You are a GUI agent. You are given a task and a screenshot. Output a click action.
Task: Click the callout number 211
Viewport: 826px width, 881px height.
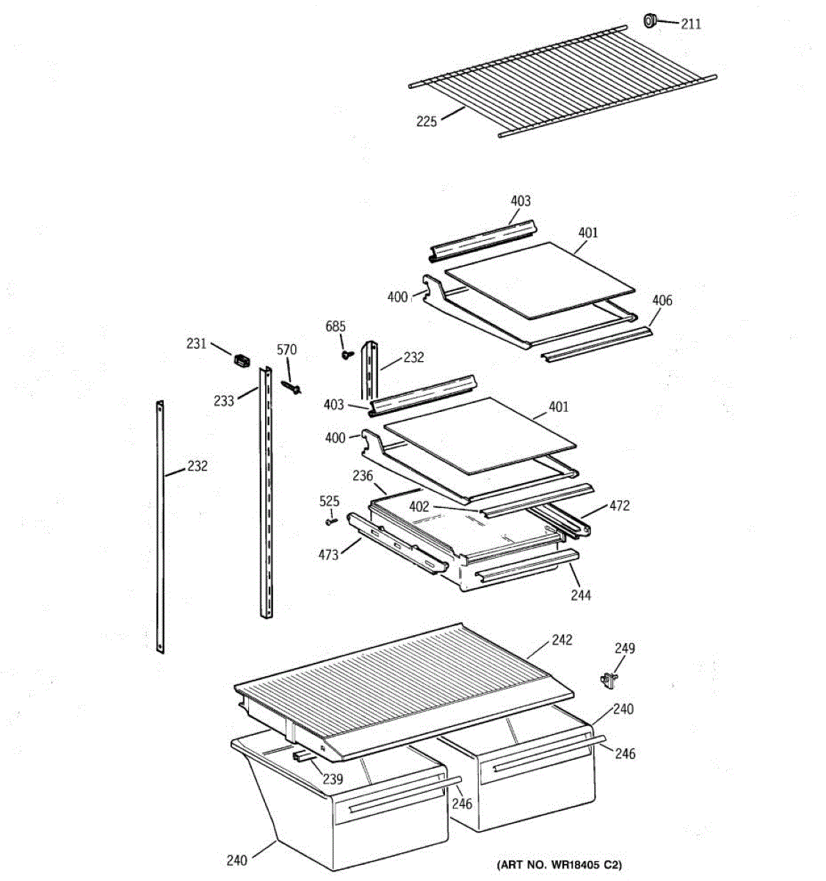pyautogui.click(x=690, y=24)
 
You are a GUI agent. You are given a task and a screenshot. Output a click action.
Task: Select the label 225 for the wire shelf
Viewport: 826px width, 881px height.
pyautogui.click(x=427, y=121)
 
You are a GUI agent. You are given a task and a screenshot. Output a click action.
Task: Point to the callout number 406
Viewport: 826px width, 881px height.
pyautogui.click(x=662, y=300)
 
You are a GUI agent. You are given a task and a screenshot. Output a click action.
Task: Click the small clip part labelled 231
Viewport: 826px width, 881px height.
pyautogui.click(x=241, y=359)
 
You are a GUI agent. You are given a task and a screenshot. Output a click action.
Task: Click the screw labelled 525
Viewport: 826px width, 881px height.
pyautogui.click(x=330, y=521)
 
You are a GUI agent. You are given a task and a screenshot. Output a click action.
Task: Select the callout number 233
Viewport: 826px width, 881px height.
pyautogui.click(x=224, y=400)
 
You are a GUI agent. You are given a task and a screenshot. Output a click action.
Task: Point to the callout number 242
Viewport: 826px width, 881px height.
pyautogui.click(x=562, y=639)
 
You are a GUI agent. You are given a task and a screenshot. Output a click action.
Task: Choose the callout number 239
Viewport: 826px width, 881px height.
pyautogui.click(x=333, y=778)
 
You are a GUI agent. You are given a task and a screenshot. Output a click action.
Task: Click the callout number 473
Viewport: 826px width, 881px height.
pyautogui.click(x=328, y=554)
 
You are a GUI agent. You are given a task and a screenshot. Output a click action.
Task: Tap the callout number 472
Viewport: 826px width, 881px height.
pyautogui.click(x=619, y=506)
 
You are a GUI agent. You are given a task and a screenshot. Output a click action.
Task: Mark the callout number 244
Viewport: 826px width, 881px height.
pyautogui.click(x=581, y=595)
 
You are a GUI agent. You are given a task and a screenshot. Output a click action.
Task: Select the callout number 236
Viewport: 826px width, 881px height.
pyautogui.click(x=363, y=476)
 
